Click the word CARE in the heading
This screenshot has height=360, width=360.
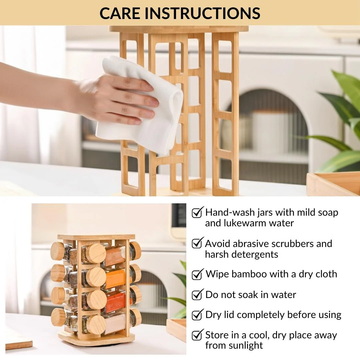point(120,13)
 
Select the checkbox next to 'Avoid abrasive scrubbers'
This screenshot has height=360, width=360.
point(197,243)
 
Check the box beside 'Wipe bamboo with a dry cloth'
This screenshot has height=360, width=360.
point(197,274)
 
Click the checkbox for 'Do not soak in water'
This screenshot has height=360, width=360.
point(197,295)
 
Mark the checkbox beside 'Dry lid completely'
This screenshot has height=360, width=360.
point(197,315)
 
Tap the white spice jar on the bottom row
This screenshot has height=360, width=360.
point(114,323)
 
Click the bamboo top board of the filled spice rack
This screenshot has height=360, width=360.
point(96,237)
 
